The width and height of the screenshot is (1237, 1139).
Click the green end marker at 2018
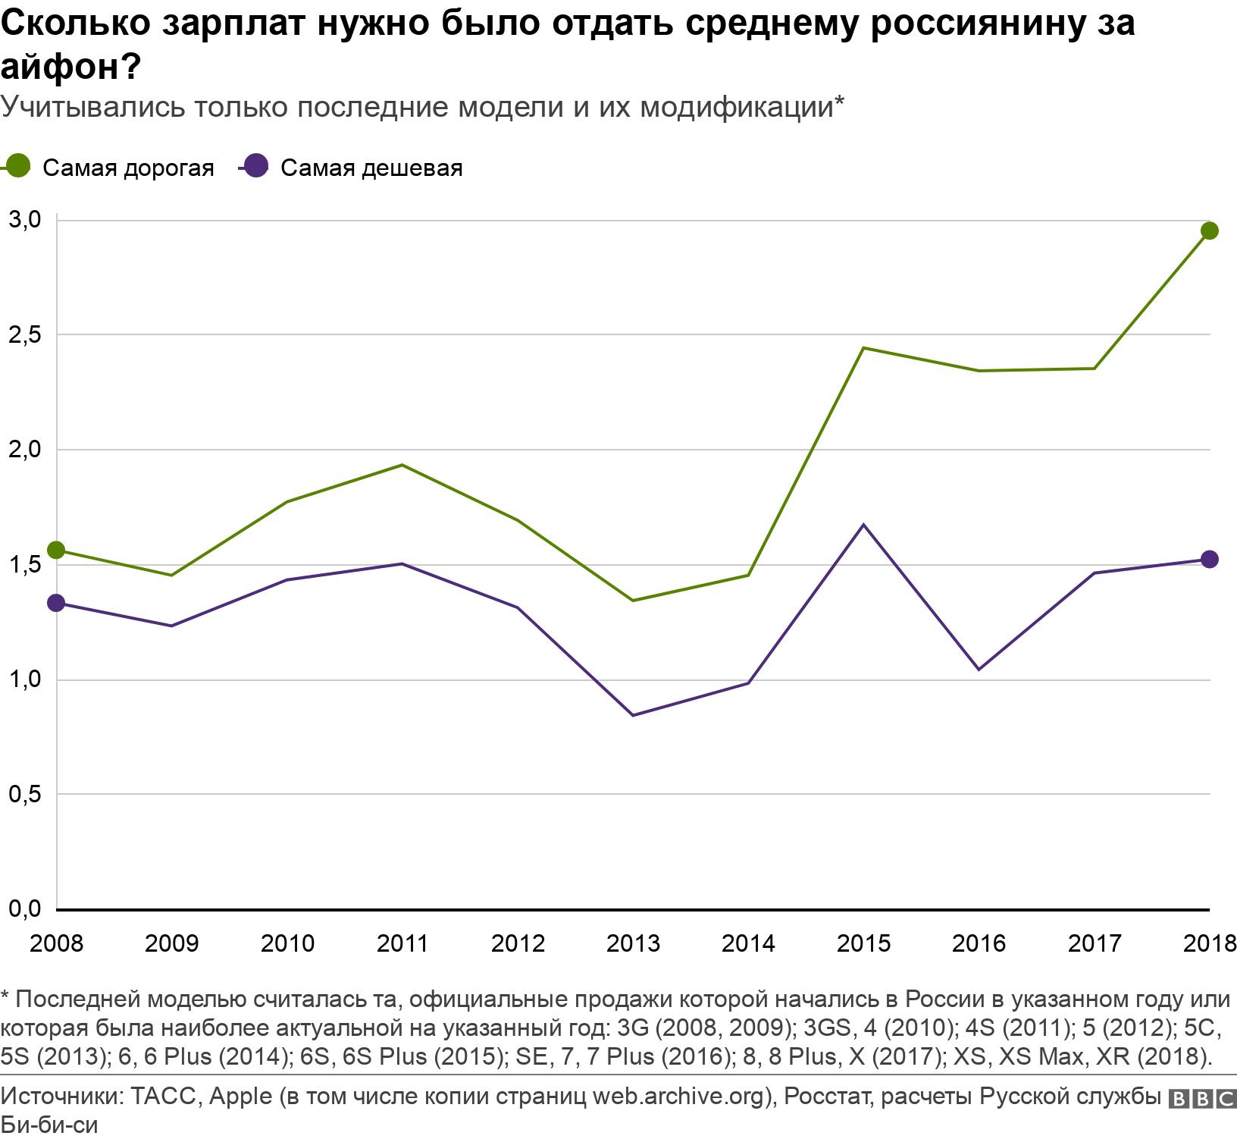(1210, 231)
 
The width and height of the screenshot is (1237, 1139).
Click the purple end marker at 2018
(1210, 560)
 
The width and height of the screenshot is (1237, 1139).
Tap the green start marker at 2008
(56, 550)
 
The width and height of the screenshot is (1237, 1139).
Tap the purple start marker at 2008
(56, 603)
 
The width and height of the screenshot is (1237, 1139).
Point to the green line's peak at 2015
(864, 348)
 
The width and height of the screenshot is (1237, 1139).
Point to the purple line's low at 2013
(633, 715)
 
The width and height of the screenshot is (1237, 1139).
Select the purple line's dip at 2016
(979, 670)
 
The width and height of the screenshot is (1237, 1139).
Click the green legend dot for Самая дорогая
(17, 166)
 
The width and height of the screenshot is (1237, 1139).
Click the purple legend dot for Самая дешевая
(256, 166)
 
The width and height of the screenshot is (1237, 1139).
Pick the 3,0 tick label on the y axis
(23, 220)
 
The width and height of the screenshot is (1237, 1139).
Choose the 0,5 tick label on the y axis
(23, 794)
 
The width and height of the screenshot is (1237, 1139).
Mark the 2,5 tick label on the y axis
(23, 334)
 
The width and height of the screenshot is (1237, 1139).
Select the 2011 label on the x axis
(402, 943)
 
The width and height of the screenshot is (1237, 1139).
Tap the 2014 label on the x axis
(748, 943)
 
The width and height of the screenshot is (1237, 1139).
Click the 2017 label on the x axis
(1095, 943)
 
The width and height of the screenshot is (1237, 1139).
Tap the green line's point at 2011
(402, 465)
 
